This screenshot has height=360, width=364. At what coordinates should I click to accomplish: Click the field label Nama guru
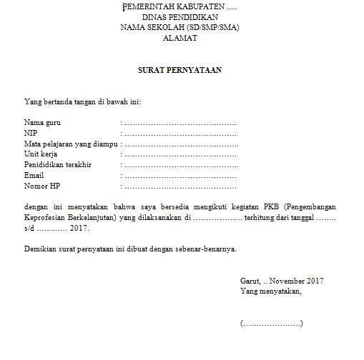click(42, 123)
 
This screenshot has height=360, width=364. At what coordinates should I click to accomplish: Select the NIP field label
click(31, 133)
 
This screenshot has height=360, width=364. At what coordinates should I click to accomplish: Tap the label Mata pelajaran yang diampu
click(70, 144)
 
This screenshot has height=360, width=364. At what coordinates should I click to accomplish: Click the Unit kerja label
click(41, 154)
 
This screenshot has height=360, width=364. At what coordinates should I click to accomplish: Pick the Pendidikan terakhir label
click(58, 164)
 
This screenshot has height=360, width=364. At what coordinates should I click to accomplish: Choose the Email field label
click(34, 175)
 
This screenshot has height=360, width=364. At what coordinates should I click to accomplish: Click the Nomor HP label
click(41, 186)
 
